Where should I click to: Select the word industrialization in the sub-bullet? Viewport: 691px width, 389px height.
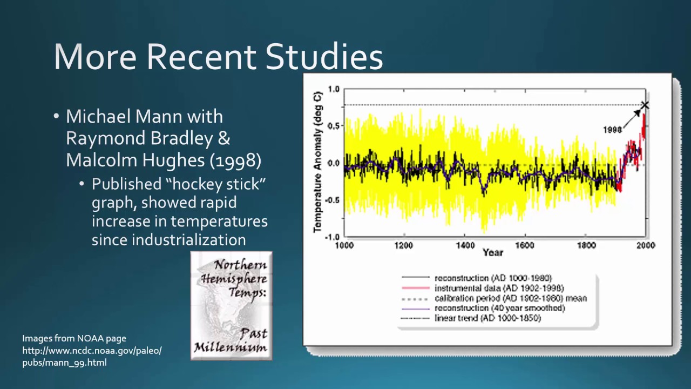168,239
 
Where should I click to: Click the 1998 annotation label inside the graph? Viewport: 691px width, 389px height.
612,130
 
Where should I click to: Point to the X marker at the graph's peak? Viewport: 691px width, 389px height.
644,105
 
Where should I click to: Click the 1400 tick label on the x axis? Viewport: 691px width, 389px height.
465,245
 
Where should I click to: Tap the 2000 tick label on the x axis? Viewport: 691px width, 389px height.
645,245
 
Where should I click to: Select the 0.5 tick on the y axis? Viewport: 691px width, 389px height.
334,126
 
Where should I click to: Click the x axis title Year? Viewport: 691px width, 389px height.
492,252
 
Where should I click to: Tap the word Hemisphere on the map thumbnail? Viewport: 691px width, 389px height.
234,279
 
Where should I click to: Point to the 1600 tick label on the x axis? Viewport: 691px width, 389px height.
524,245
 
